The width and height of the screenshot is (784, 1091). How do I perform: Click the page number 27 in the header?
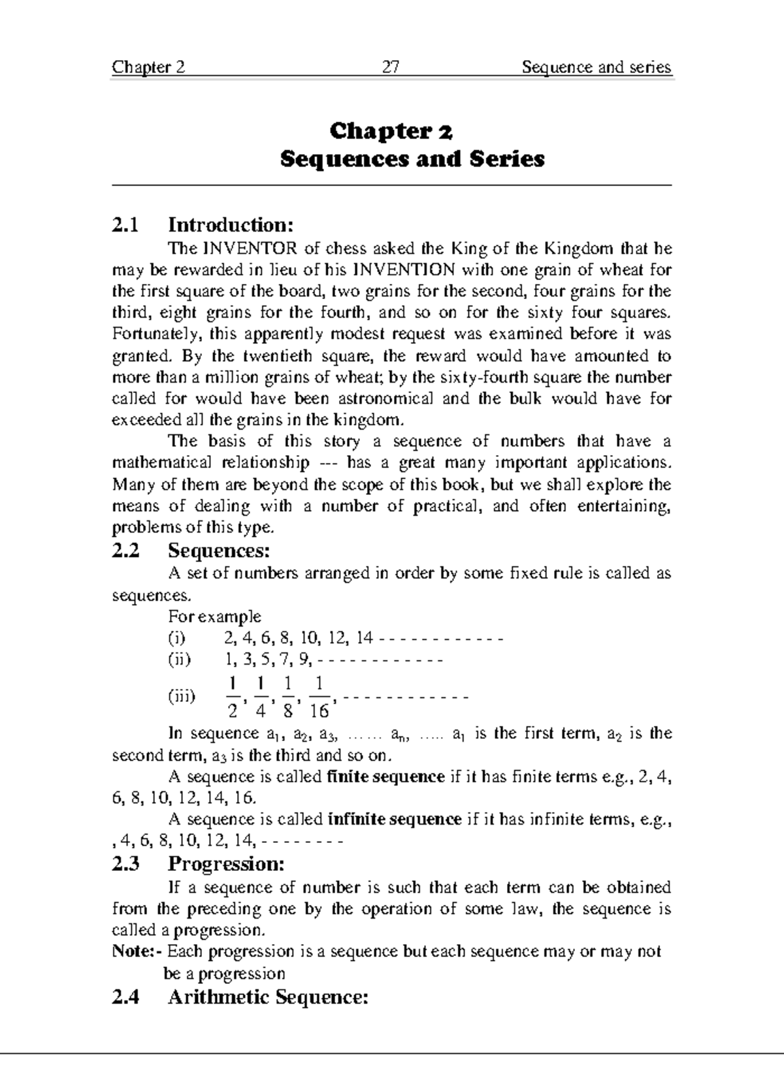coord(391,67)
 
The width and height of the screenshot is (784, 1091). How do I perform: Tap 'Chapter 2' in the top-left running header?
coord(148,67)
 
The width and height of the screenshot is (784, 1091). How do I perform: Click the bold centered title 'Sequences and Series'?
coord(412,159)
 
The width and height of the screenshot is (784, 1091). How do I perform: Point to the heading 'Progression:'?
coord(226,864)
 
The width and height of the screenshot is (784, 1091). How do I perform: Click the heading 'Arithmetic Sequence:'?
coord(268,997)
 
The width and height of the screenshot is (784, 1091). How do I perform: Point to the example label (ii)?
coord(179,659)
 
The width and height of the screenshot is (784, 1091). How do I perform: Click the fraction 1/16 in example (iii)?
coord(319,697)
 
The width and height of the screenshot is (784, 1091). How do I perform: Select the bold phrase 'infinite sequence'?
coord(395,819)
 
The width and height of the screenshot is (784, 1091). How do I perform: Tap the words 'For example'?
coord(214,617)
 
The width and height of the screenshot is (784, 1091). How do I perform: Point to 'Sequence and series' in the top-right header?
coord(596,67)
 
